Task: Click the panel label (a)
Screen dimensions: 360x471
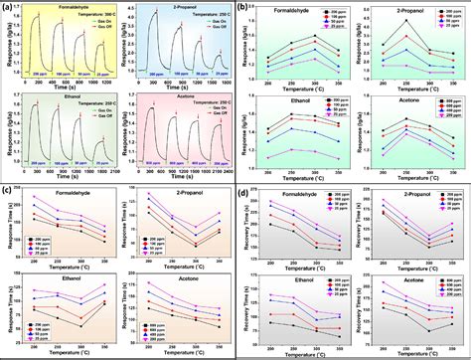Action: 9,8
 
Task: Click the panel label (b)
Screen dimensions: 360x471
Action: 245,8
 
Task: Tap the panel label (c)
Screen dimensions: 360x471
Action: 9,189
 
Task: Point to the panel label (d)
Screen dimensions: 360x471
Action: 245,189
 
